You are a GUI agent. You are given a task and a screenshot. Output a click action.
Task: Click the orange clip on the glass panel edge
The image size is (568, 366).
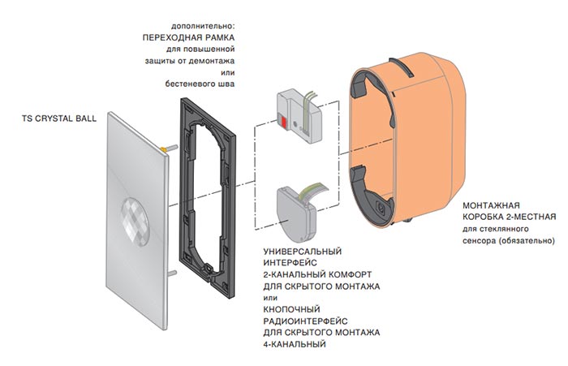click(x=168, y=149)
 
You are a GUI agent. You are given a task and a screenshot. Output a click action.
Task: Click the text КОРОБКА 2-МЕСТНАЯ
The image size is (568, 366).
click(x=508, y=217)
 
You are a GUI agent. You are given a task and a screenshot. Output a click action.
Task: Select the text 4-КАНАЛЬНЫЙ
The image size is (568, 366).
click(x=295, y=344)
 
